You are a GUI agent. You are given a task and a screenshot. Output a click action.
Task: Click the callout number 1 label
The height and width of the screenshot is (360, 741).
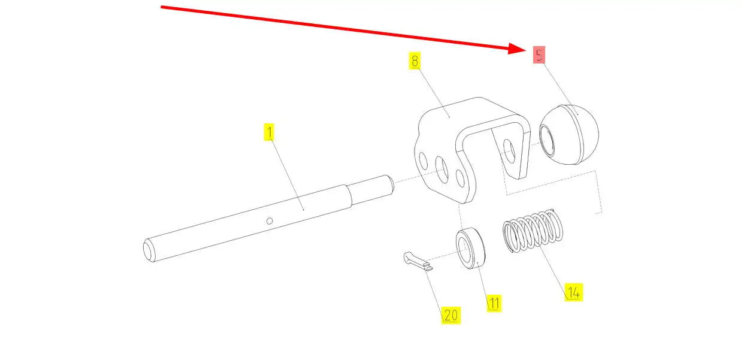[270, 132]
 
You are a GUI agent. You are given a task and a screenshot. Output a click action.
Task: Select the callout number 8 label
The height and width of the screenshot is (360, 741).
[415, 61]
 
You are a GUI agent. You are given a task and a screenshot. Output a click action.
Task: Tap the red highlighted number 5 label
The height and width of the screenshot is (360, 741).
[540, 55]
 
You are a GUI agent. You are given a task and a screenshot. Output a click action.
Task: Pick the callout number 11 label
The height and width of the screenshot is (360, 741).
[493, 303]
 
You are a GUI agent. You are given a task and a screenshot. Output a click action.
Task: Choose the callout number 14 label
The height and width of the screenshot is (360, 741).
[573, 292]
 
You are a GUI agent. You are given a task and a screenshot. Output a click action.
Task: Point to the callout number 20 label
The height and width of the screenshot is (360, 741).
[450, 314]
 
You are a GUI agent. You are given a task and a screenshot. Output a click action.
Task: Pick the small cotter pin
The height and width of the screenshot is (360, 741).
[416, 261]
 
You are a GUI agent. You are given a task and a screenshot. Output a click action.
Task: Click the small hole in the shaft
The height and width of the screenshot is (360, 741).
[270, 222]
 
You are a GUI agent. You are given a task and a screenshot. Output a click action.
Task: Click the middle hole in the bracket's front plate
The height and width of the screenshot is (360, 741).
[443, 170]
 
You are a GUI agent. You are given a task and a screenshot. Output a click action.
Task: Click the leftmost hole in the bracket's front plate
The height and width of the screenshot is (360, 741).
[424, 161]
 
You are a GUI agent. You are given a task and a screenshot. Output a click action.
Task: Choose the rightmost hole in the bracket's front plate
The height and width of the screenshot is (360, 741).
[461, 179]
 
